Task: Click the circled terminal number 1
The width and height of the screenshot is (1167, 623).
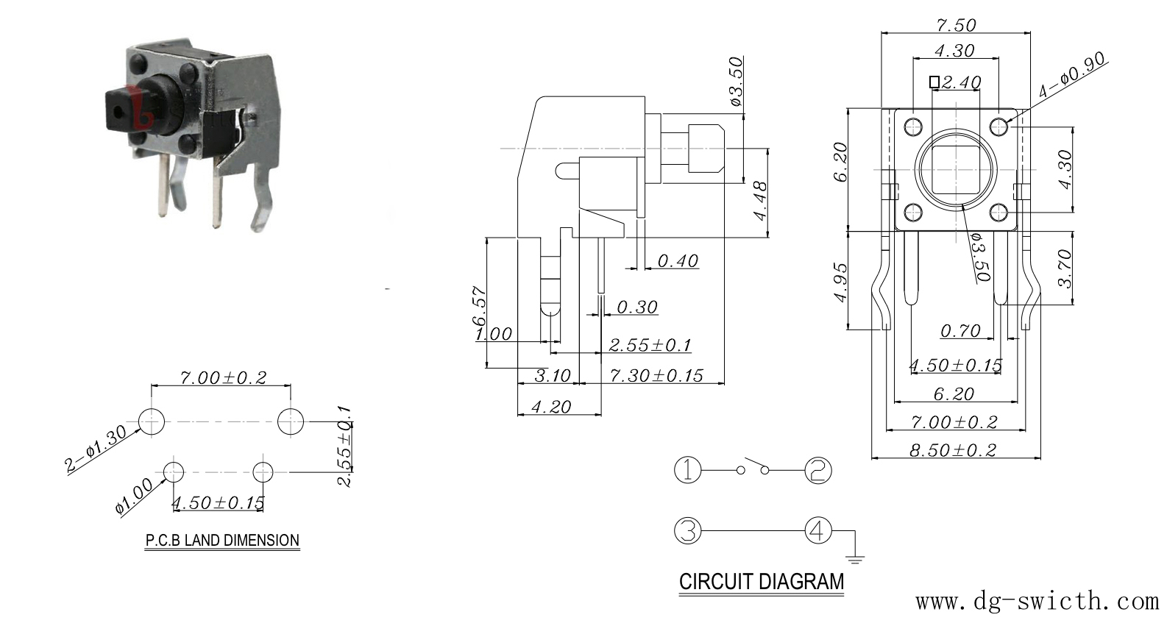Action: point(688,470)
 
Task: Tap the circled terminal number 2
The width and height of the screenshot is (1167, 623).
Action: point(818,470)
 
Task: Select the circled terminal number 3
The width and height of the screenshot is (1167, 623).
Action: point(688,531)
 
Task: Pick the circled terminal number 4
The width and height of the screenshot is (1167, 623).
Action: point(818,531)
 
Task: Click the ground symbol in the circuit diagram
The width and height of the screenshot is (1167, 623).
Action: point(855,560)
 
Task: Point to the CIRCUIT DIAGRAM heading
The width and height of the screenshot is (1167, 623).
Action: point(762,581)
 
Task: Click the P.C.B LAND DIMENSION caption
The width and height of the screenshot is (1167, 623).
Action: point(222,540)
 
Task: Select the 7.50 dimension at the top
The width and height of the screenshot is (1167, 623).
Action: point(956,24)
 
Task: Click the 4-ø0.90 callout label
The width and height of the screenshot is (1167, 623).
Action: point(1072,76)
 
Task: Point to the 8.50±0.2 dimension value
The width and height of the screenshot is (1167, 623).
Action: point(953,449)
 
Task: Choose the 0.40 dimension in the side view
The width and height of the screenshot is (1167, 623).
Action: point(678,260)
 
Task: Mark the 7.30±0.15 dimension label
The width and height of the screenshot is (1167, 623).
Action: point(656,375)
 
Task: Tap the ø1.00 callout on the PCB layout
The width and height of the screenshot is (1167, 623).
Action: point(135,496)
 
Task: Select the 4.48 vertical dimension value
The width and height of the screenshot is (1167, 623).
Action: point(760,201)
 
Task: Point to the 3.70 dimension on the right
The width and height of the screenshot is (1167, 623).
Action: point(1065,268)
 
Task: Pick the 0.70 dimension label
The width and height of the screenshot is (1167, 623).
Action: point(960,330)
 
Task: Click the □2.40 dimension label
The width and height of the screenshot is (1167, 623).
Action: point(956,82)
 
